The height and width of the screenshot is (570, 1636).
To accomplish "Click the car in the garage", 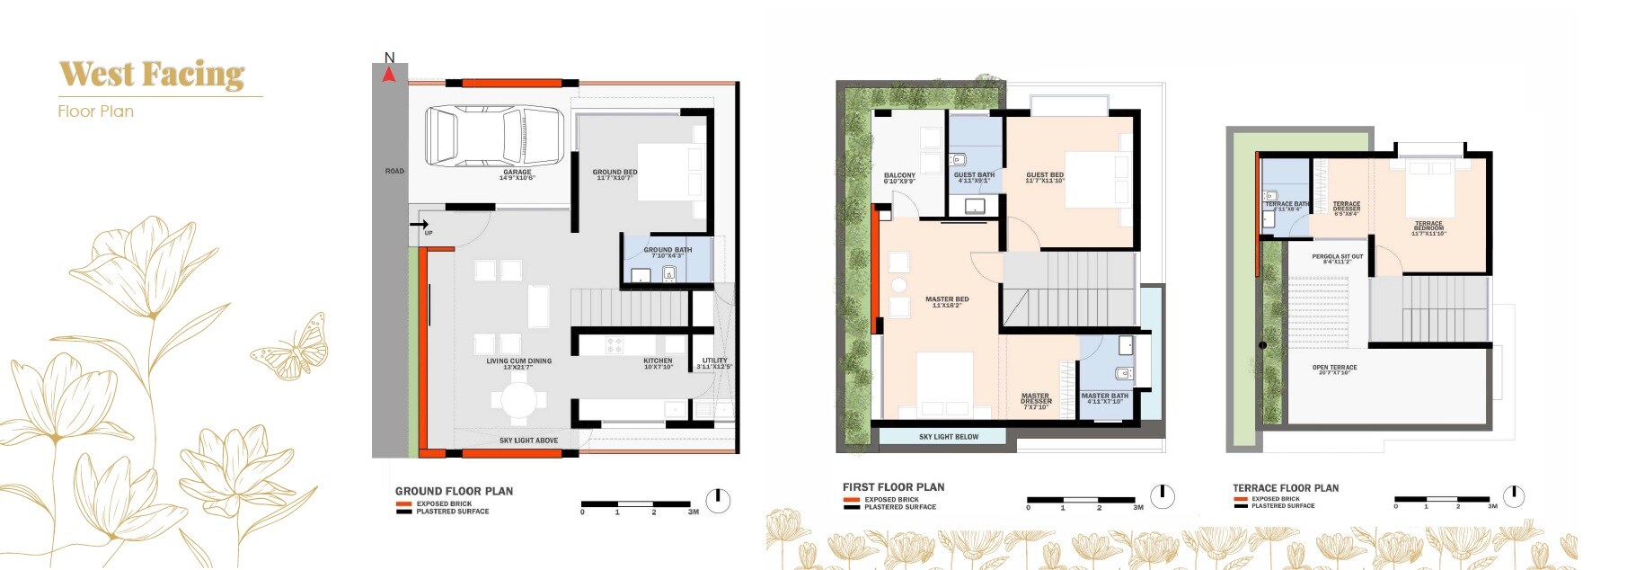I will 494,136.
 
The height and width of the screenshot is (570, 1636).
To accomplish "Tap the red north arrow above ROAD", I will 389,75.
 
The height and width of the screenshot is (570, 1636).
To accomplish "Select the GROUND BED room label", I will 615,174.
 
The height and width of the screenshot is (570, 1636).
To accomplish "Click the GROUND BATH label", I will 668,252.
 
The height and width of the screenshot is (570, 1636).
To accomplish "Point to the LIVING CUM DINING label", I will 518,363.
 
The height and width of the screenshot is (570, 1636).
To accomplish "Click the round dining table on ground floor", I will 517,398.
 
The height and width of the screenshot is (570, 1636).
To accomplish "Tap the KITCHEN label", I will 658,362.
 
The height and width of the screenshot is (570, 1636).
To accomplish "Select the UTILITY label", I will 715,362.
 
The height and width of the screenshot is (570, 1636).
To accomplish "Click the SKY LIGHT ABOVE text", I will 528,441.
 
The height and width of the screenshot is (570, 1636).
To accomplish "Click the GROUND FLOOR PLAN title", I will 454,491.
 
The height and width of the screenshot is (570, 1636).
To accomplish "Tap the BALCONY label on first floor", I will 899,177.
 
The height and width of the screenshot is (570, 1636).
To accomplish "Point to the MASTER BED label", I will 947,301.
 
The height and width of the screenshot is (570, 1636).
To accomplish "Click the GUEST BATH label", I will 974,176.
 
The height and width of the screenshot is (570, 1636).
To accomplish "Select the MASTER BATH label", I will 1104,397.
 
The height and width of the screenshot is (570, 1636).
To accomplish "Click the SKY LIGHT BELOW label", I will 949,437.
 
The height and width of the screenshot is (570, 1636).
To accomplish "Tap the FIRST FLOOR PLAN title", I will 893,487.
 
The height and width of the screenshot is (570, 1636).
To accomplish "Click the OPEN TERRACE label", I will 1334,369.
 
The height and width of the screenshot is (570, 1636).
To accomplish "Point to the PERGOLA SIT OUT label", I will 1337,258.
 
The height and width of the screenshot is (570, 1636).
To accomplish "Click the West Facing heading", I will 152,74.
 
